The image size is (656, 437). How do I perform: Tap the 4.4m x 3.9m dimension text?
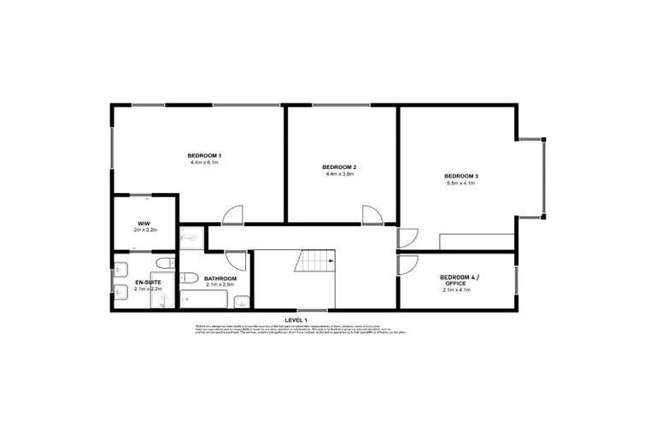pyautogui.click(x=339, y=173)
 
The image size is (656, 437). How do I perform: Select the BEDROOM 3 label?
pyautogui.click(x=460, y=176)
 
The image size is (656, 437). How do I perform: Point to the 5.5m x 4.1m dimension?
pyautogui.click(x=460, y=184)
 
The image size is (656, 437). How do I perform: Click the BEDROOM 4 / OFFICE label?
pyautogui.click(x=460, y=280)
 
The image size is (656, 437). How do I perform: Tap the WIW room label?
pyautogui.click(x=143, y=224)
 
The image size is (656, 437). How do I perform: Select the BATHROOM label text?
pyautogui.click(x=220, y=278)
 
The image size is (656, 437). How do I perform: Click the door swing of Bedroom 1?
pyautogui.click(x=233, y=215)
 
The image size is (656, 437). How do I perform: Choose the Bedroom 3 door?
pyautogui.click(x=407, y=238)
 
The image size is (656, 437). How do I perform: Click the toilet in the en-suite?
pyautogui.click(x=163, y=263)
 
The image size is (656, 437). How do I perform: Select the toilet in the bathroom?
pyautogui.click(x=190, y=277)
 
